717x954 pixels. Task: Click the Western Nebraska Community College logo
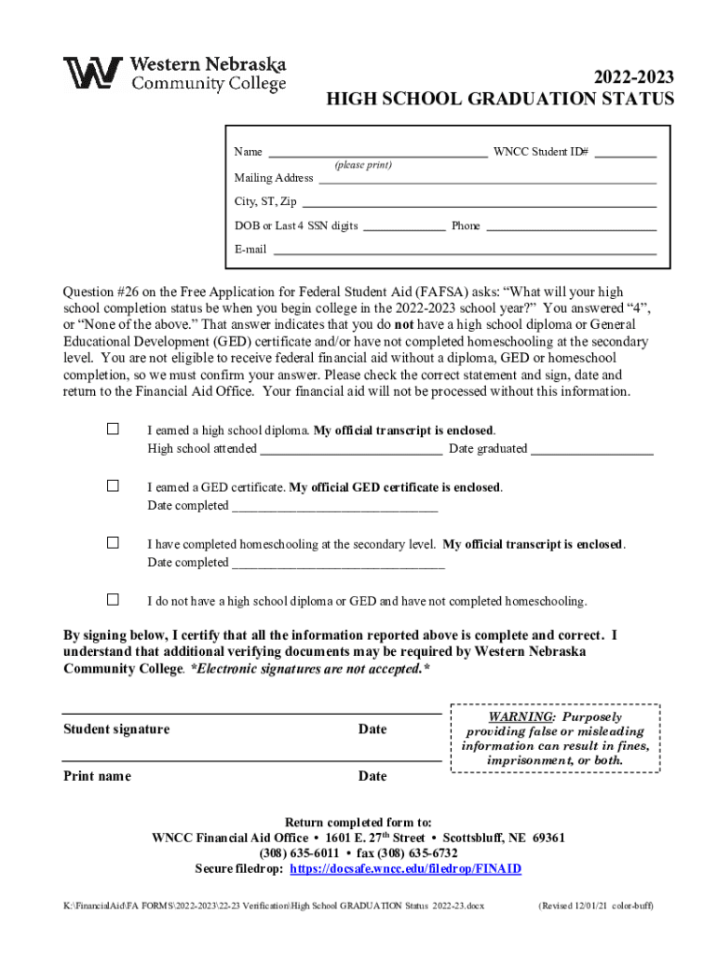point(174,75)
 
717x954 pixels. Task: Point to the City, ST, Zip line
point(480,204)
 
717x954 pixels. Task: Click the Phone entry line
point(571,228)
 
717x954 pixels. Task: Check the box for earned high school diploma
point(113,429)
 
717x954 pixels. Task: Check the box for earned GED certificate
point(113,486)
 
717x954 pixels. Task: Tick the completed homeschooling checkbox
point(113,543)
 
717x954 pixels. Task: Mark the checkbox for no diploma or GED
point(113,599)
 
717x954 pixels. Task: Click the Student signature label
point(116,729)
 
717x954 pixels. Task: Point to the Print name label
point(97,776)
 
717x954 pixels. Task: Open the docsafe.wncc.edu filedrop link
point(406,869)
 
